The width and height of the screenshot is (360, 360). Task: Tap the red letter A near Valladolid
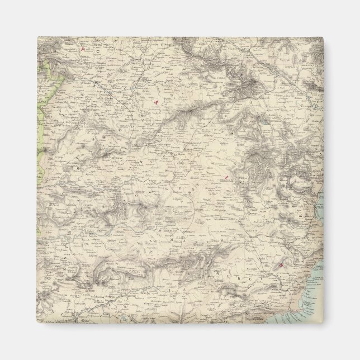157,102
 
